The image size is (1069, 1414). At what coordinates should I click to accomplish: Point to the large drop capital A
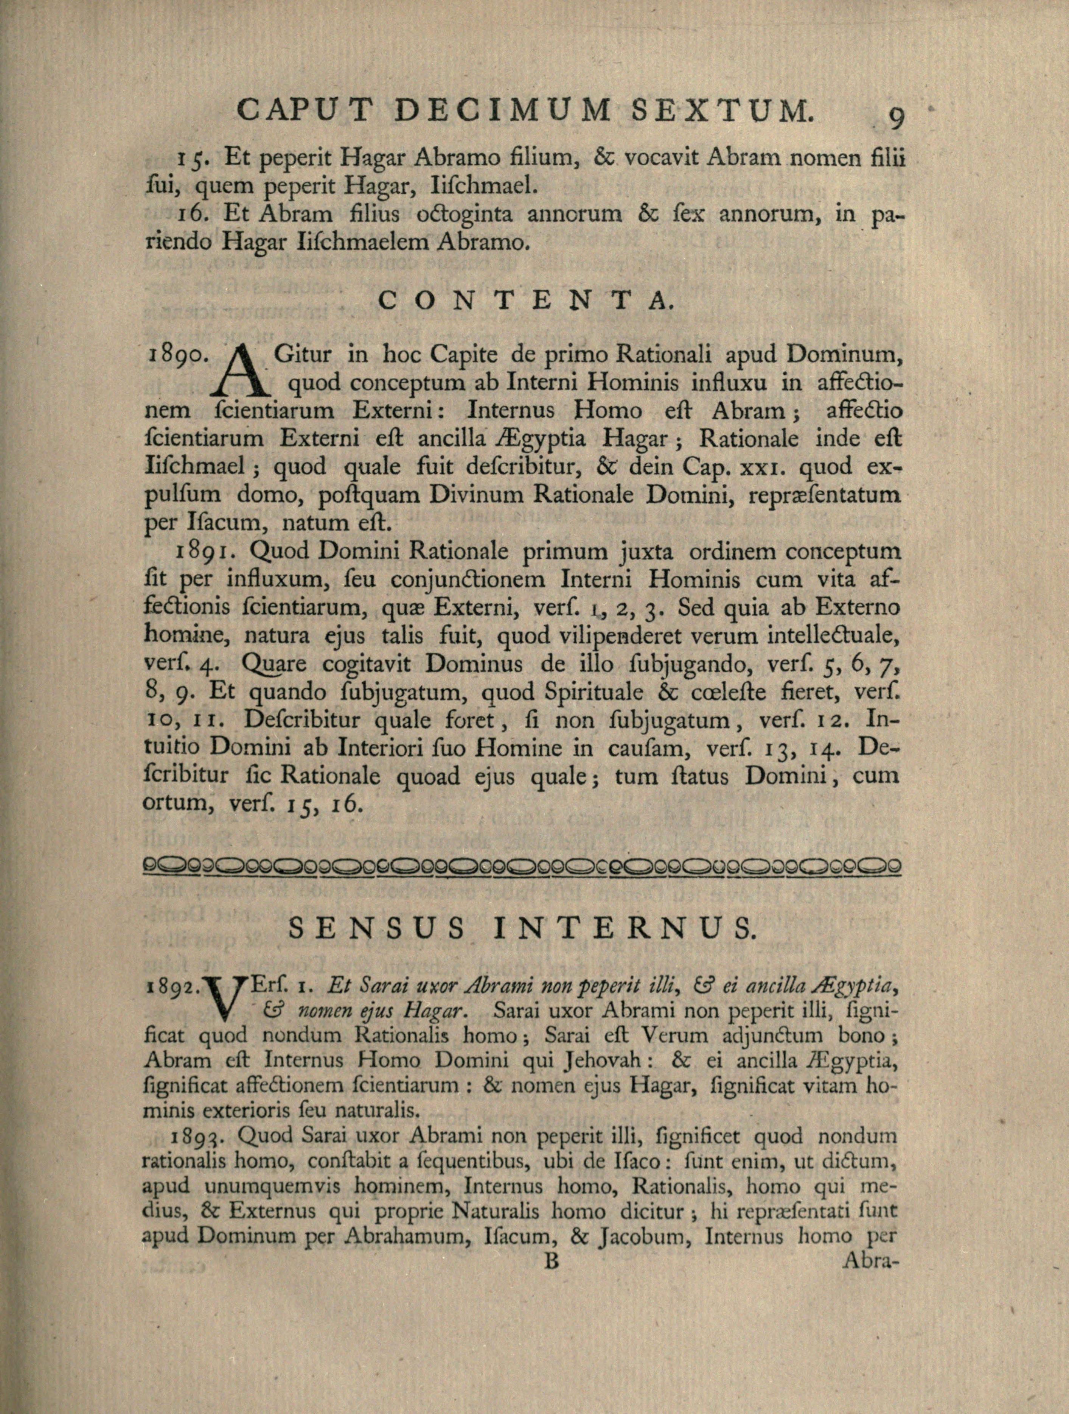click(x=245, y=371)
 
